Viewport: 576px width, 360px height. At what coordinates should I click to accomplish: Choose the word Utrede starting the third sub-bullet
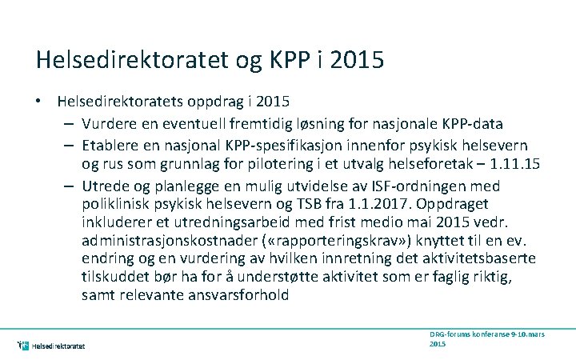pyautogui.click(x=102, y=186)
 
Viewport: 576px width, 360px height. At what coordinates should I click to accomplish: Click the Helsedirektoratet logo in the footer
pyautogui.click(x=51, y=346)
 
